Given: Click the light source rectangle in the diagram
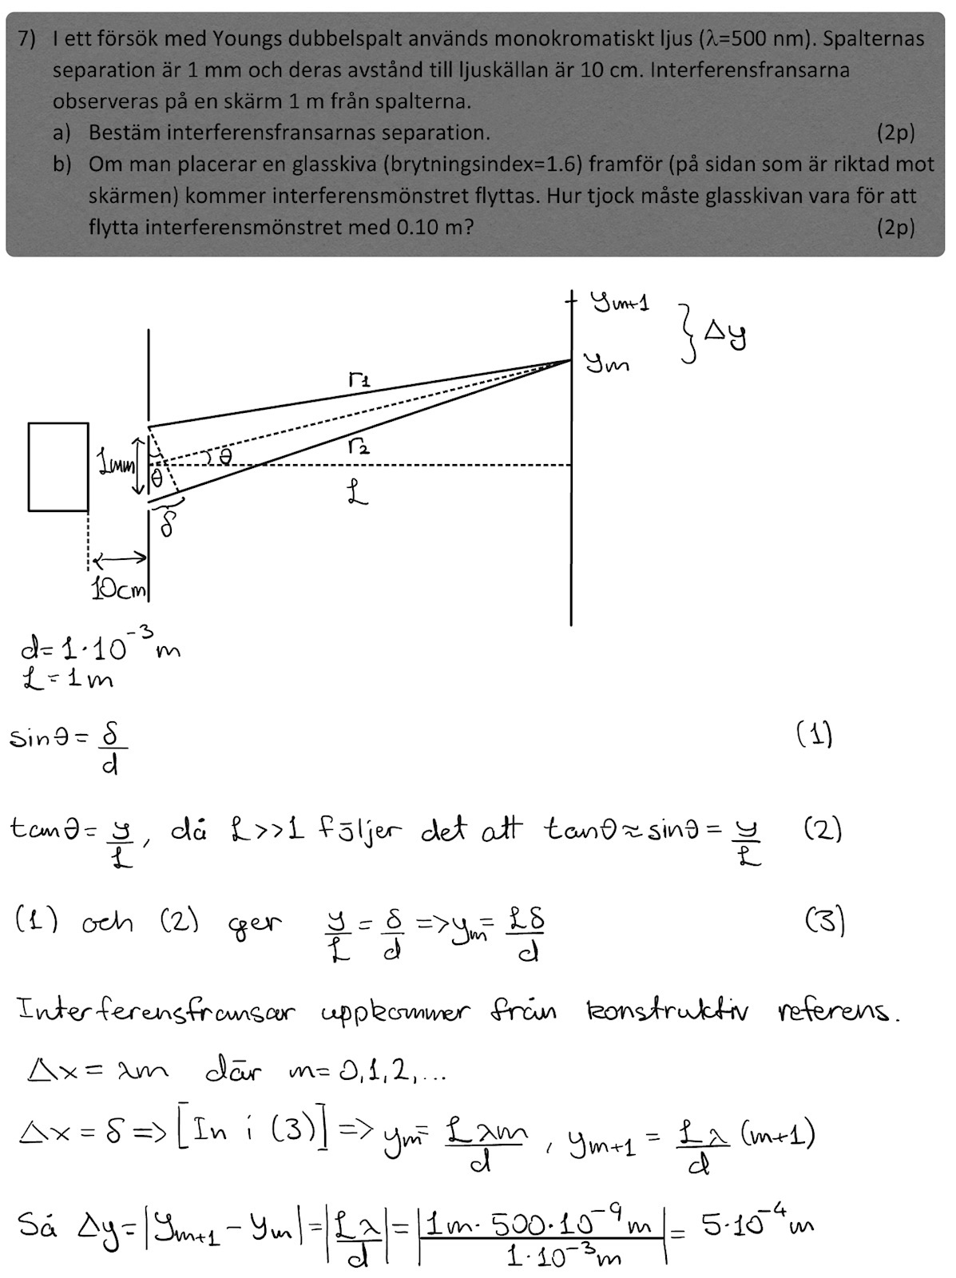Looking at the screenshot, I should coord(58,466).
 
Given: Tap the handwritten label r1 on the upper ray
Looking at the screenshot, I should coord(359,381).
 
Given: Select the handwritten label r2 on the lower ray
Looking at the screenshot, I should coord(359,447).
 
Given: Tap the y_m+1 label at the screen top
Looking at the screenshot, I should coord(620,302).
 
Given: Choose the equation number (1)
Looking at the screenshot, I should coord(814,733).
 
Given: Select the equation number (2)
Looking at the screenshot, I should coord(822,831).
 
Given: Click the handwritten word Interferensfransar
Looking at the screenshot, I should coord(156,1012).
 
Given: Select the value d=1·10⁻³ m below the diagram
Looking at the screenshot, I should coord(100,647).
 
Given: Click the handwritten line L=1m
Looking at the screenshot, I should coord(67,680).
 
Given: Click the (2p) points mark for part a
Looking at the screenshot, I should coord(895,133).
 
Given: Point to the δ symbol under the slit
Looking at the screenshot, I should coord(168,523).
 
